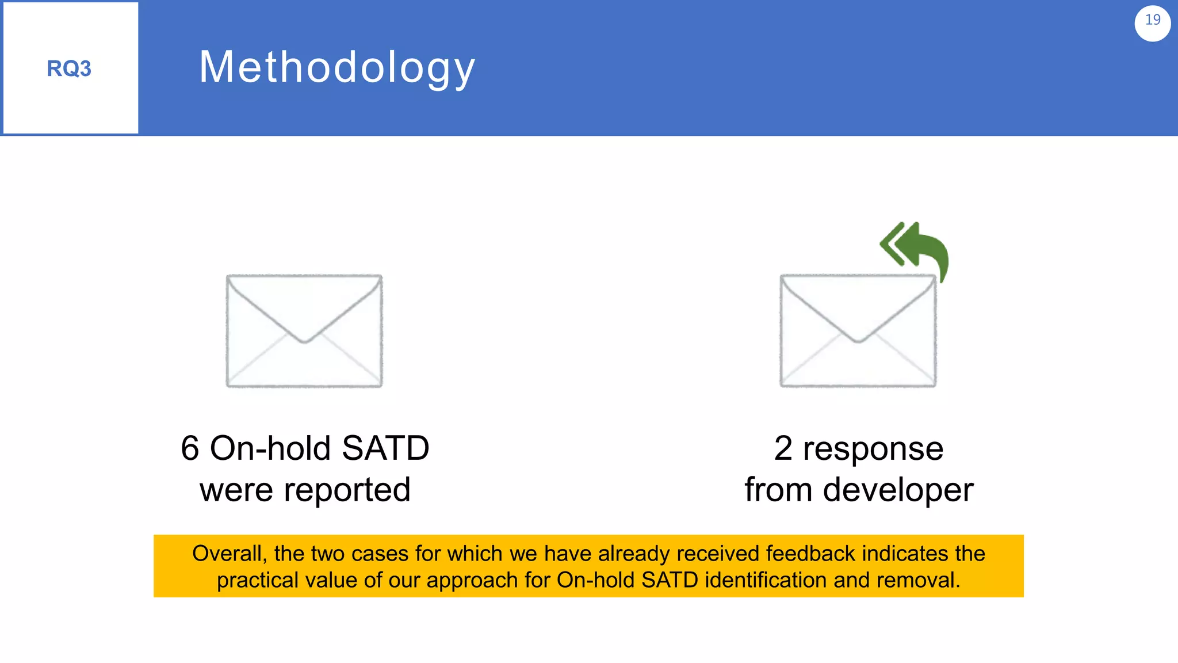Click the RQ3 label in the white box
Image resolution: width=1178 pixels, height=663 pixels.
[69, 68]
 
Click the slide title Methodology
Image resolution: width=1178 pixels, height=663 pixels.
[337, 67]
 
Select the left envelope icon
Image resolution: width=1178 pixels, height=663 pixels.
[304, 331]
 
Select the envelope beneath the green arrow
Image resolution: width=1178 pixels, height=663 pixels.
[858, 331]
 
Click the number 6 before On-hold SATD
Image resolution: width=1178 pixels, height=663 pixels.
[190, 448]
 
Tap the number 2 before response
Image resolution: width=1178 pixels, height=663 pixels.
[783, 448]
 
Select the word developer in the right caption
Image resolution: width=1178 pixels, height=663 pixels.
[898, 491]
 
